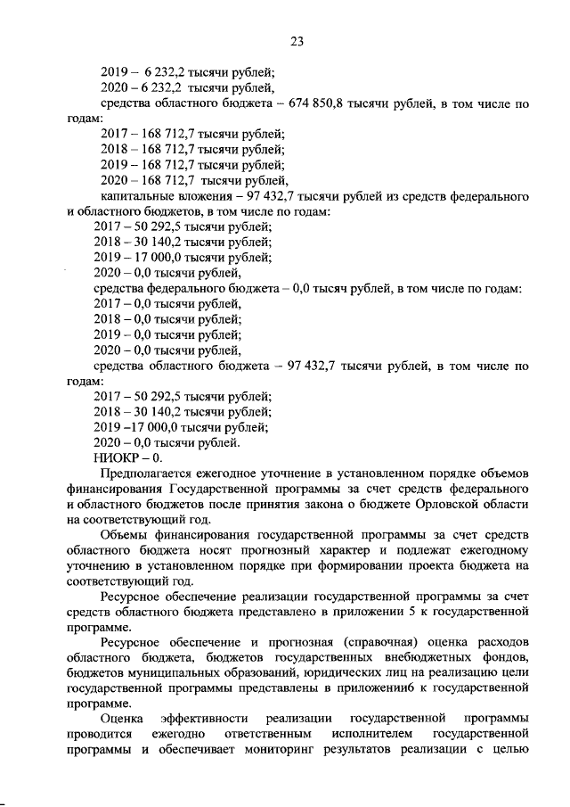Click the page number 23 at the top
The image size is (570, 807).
pyautogui.click(x=297, y=40)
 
